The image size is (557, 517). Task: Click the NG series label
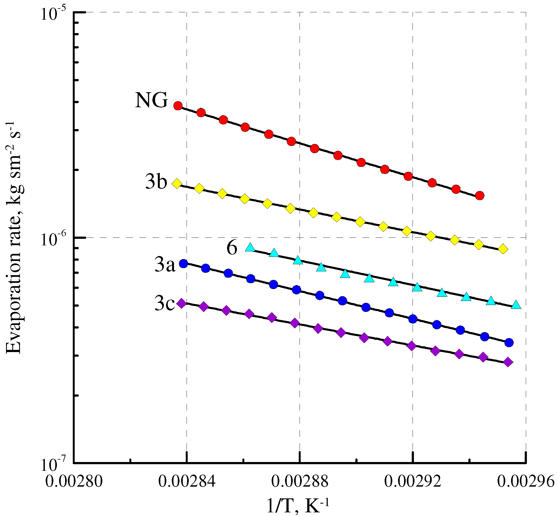pyautogui.click(x=151, y=100)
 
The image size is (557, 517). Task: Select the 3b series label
pyautogui.click(x=156, y=182)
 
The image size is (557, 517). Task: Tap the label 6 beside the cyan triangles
pyautogui.click(x=232, y=248)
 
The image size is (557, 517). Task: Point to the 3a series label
pyautogui.click(x=165, y=265)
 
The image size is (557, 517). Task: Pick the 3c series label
pyautogui.click(x=164, y=304)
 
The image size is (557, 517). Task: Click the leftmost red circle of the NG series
pyautogui.click(x=178, y=106)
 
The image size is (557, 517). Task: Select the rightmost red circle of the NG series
pyautogui.click(x=480, y=196)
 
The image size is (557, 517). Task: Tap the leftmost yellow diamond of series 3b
pyautogui.click(x=176, y=184)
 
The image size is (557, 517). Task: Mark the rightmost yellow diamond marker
pyautogui.click(x=503, y=249)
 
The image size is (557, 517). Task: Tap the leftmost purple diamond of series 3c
pyautogui.click(x=182, y=303)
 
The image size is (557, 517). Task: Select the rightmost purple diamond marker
pyautogui.click(x=508, y=362)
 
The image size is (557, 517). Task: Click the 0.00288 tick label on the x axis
pyautogui.click(x=300, y=482)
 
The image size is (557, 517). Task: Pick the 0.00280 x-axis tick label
pyautogui.click(x=74, y=482)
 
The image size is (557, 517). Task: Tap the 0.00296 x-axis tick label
pyautogui.click(x=526, y=482)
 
